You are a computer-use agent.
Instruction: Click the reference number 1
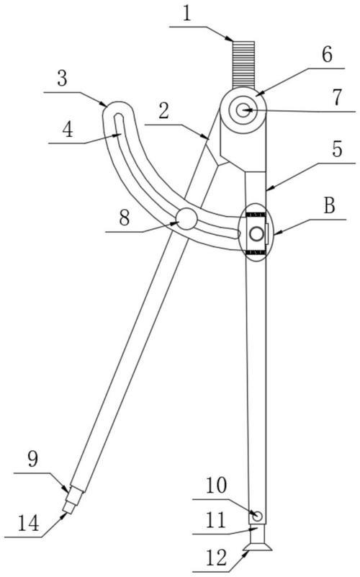pos(187,14)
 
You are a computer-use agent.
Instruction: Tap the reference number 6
pos(327,55)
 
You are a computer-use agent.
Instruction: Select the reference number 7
pos(337,97)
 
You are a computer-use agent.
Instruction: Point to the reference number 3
pos(63,79)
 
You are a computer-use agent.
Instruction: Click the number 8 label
pos(125,218)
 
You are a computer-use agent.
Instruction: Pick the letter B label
pos(330,206)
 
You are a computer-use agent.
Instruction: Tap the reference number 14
pos(29,523)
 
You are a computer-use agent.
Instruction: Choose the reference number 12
pos(216,558)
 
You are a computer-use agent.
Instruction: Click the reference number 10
pos(216,486)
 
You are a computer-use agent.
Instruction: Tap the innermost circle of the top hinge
pos(243,109)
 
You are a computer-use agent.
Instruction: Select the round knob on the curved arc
pos(186,218)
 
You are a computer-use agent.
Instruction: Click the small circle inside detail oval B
pos(256,233)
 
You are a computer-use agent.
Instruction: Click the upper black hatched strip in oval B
pos(256,214)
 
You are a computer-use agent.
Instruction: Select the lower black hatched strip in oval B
pos(256,252)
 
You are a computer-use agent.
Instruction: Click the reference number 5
pos(337,149)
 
